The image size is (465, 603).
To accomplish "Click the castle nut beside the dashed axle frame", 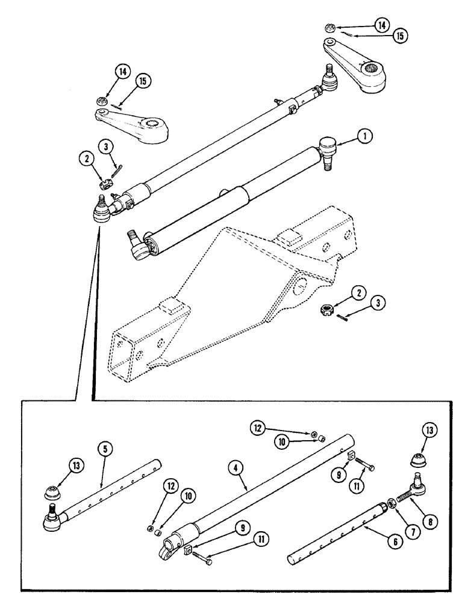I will click(327, 310).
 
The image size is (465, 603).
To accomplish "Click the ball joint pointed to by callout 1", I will click(328, 148).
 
